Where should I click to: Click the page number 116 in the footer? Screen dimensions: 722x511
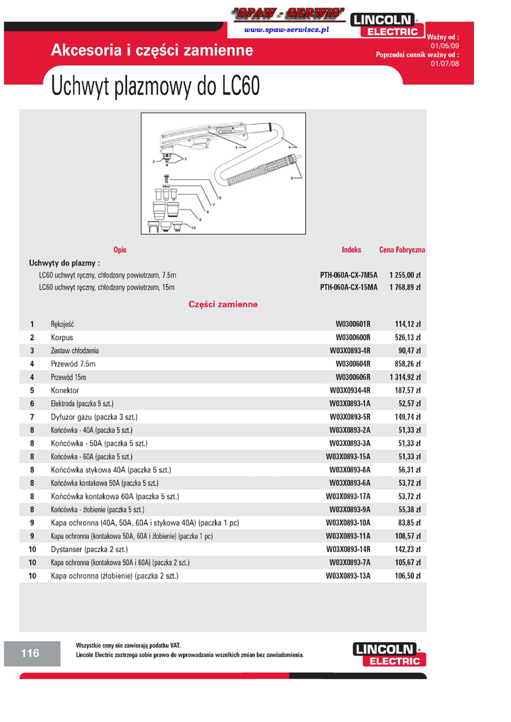[30, 653]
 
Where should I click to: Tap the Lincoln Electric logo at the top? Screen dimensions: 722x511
[388, 25]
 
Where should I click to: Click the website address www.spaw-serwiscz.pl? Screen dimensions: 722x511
[286, 30]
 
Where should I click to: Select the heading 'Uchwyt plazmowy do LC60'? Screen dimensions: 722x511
[155, 86]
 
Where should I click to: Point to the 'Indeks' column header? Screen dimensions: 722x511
[351, 250]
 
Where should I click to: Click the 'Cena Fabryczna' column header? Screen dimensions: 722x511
[402, 250]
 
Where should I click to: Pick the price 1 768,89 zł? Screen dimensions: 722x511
[405, 287]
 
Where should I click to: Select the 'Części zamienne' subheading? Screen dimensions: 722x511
[223, 305]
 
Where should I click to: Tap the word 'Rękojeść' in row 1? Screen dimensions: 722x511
[67, 324]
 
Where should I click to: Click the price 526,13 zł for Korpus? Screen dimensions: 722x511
[408, 337]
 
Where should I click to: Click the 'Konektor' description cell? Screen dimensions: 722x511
[65, 390]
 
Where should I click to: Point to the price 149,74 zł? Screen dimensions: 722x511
[408, 417]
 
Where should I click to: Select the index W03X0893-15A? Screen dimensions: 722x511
[348, 456]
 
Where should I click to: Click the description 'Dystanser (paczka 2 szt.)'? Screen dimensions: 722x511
[89, 549]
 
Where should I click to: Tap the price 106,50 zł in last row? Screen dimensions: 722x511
[408, 576]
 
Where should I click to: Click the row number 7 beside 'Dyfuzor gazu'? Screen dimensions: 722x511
[32, 417]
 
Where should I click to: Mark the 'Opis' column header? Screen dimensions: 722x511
[119, 250]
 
